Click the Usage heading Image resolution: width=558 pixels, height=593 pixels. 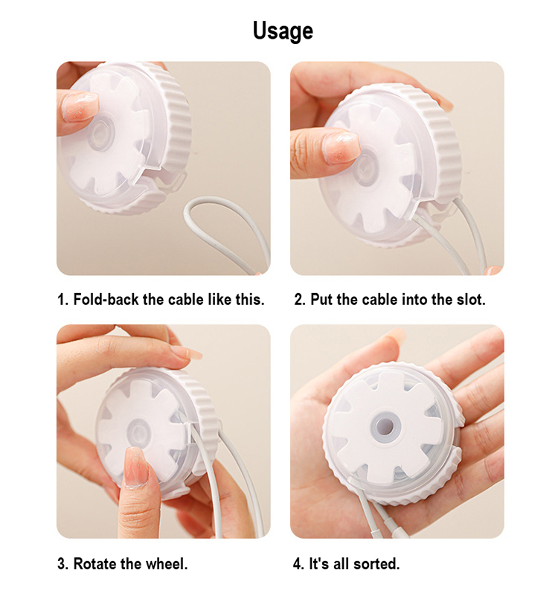(x=283, y=31)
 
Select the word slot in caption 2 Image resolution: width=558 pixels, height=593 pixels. (x=471, y=300)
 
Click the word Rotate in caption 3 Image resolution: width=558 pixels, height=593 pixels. (x=95, y=563)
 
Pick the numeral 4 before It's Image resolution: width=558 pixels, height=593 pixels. (x=298, y=563)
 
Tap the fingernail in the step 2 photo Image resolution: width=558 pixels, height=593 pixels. (x=341, y=148)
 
